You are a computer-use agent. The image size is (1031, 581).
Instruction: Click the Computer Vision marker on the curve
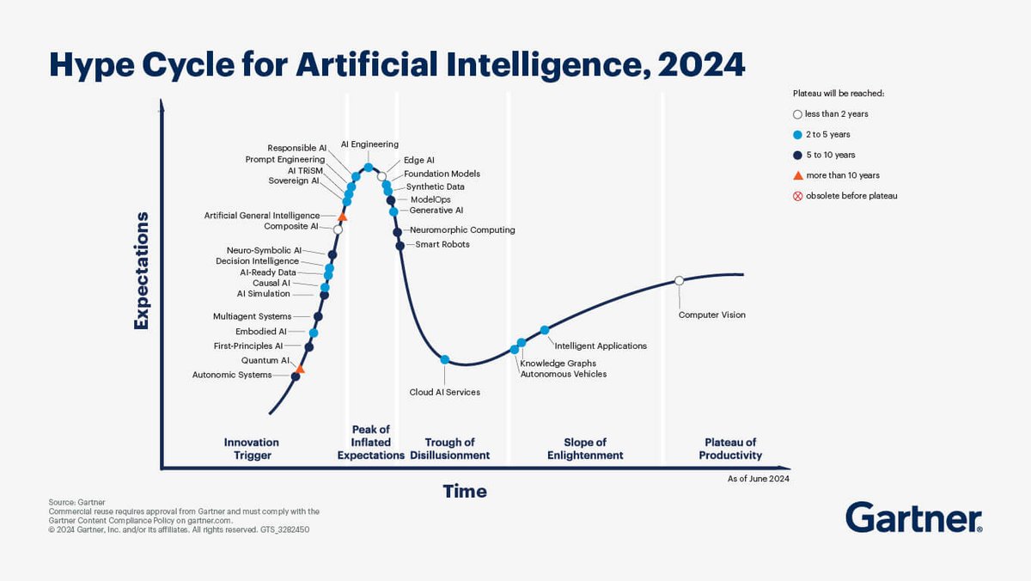point(679,280)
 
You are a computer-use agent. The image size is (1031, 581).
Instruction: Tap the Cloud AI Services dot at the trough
point(445,359)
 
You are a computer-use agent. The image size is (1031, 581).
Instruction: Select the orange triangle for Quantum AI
point(300,369)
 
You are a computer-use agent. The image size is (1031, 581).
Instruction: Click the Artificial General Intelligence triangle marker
point(343,217)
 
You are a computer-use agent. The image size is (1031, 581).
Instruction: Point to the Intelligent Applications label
point(601,346)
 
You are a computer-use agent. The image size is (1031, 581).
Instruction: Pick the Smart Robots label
point(442,244)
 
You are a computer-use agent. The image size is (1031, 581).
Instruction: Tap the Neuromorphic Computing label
point(462,230)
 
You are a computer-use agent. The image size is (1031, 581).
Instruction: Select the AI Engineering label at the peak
point(369,144)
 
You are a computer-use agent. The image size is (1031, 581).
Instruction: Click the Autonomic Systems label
point(231,375)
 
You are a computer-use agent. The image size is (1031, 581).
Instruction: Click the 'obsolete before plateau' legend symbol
point(796,196)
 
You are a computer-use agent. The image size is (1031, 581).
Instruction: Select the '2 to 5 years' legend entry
point(827,134)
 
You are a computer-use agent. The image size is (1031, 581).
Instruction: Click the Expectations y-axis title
point(142,271)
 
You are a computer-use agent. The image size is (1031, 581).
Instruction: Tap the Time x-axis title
point(465,492)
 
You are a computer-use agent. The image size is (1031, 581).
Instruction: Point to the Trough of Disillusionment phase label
point(449,449)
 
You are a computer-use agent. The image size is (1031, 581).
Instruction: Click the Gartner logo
point(913,519)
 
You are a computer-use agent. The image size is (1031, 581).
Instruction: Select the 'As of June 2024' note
point(758,478)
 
